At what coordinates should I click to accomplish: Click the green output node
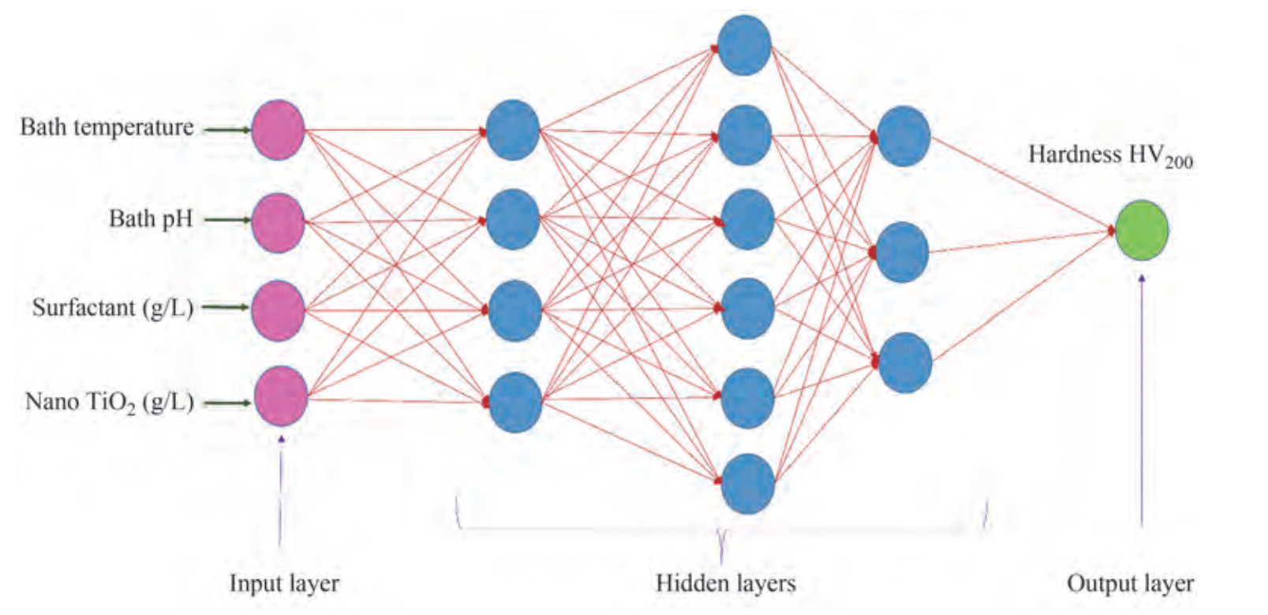point(1141,230)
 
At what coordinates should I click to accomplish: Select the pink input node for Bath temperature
point(278,130)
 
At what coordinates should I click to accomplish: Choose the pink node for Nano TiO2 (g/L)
point(280,396)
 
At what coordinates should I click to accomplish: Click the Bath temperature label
point(107,127)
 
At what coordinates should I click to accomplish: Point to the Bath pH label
point(150,219)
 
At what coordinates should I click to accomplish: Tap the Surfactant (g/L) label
point(112,307)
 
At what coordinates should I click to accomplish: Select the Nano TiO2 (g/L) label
point(109,402)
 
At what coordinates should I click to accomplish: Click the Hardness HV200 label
point(1109,156)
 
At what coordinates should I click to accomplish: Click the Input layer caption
point(284,583)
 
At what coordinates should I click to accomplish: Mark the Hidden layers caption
point(725,583)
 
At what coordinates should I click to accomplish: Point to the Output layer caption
point(1130,583)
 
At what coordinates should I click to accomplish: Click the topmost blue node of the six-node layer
point(744,46)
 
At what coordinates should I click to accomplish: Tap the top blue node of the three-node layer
point(903,136)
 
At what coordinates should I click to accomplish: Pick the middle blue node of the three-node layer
point(902,252)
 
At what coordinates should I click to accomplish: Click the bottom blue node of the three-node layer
point(904,362)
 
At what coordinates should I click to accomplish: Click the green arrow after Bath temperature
point(227,130)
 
